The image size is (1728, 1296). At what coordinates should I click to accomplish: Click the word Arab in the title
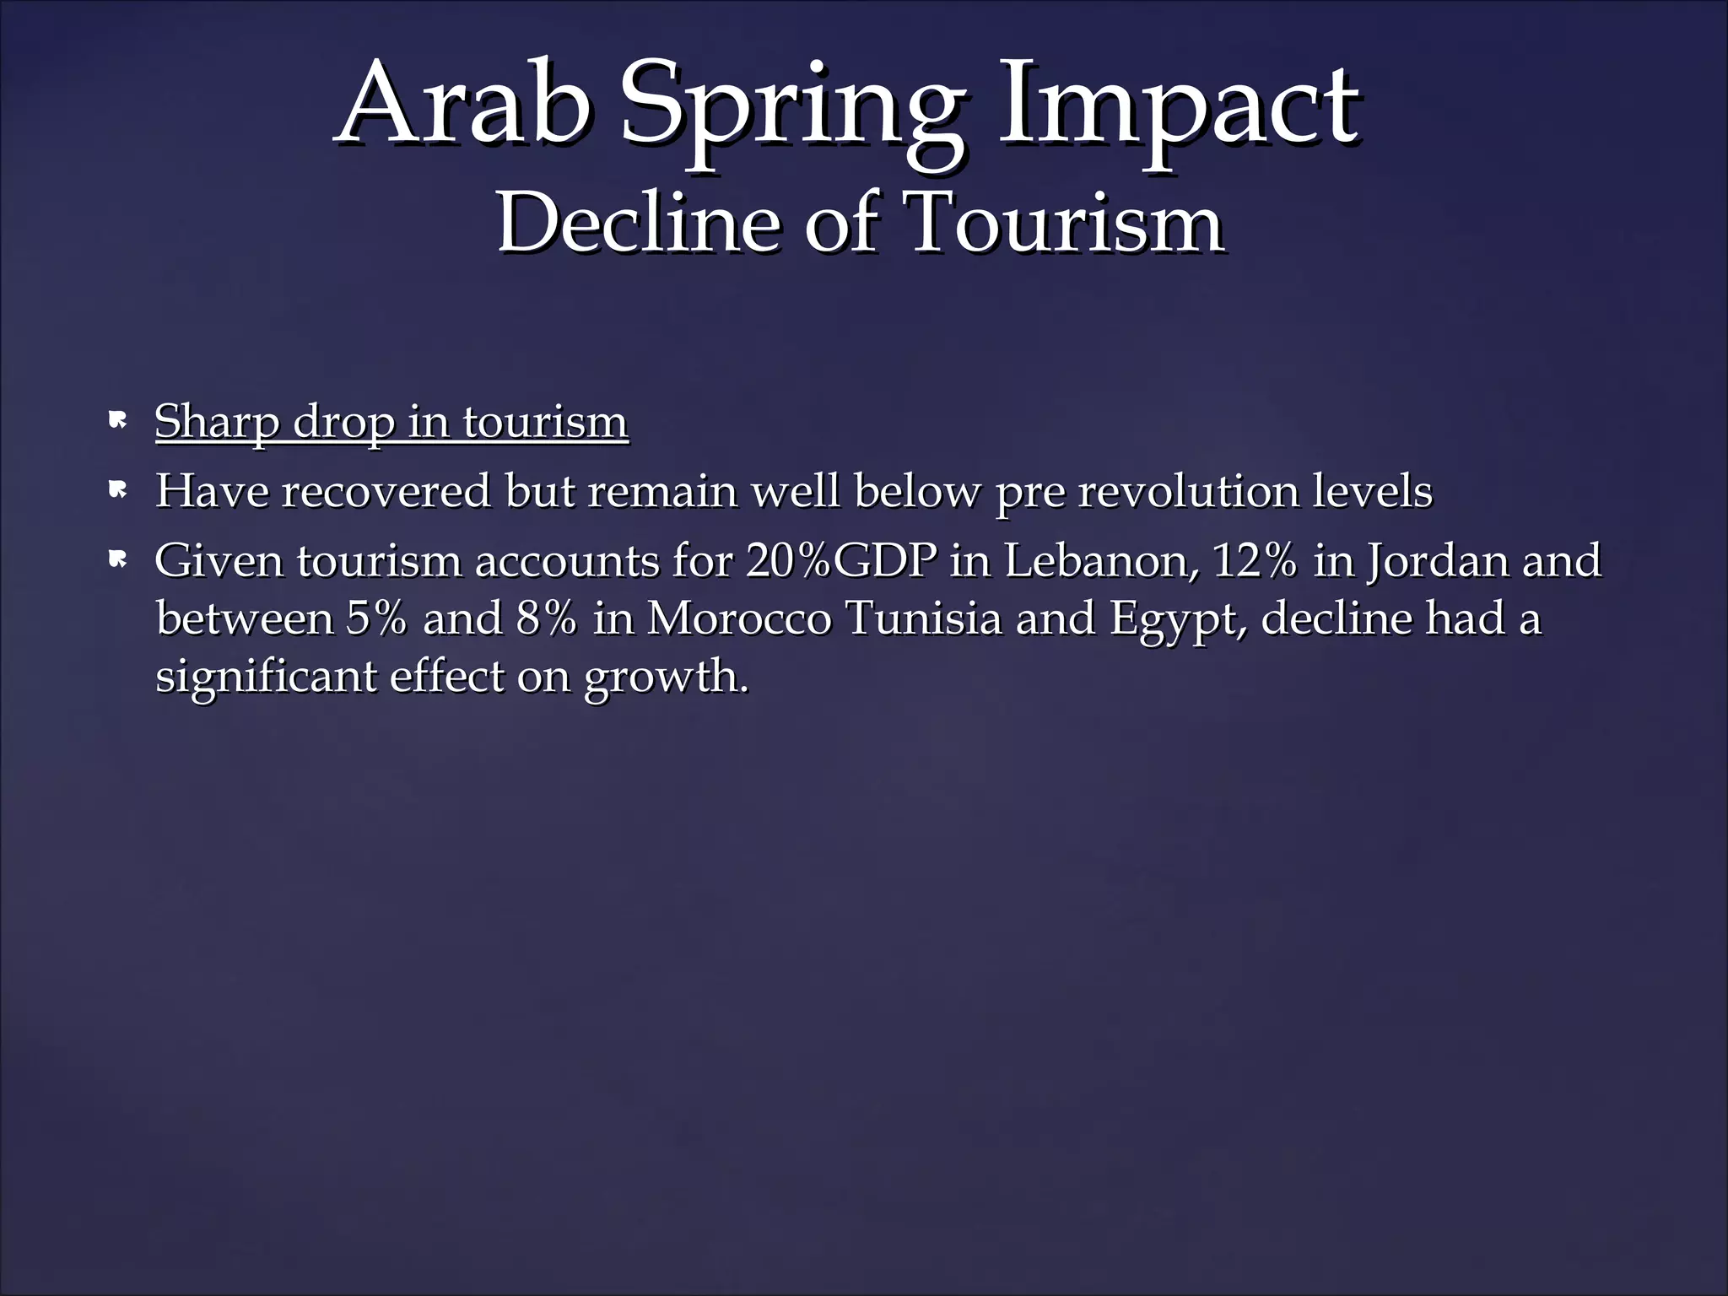click(x=462, y=105)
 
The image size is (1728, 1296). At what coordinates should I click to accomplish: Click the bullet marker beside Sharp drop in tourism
click(x=117, y=419)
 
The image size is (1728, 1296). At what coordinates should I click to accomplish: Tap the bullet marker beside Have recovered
click(x=117, y=489)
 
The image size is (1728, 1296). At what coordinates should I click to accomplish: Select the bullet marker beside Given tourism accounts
click(x=117, y=558)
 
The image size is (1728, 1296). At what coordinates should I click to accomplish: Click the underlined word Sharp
click(x=216, y=422)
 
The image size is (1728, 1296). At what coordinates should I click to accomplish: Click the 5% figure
click(x=375, y=618)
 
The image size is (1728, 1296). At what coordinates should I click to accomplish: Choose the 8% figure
click(x=547, y=618)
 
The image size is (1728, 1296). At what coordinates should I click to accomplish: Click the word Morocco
click(x=739, y=618)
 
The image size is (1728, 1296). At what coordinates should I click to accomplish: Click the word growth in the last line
click(x=666, y=677)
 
